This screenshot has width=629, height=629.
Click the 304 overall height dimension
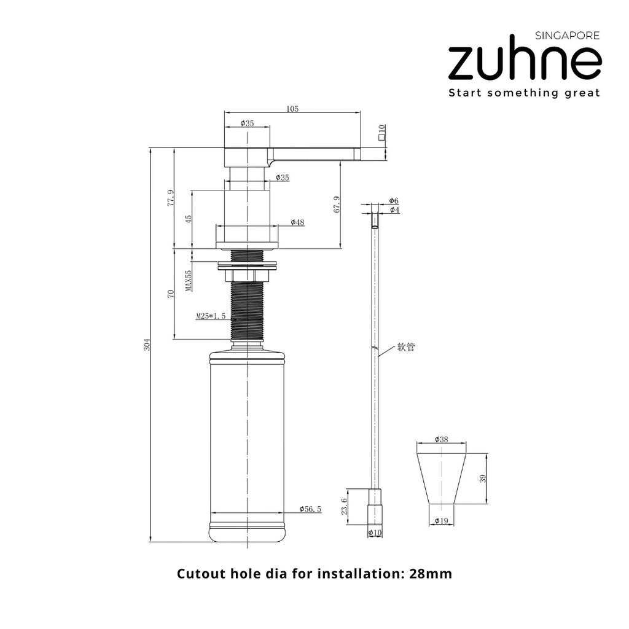147,345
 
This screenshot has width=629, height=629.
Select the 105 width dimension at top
292,109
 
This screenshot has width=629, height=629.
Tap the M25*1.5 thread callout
211,316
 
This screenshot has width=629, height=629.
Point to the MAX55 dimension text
188,281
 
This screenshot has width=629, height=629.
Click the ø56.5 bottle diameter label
310,509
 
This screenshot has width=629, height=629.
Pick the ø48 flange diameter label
297,222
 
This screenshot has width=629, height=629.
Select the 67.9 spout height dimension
337,204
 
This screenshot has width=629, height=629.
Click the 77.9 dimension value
171,198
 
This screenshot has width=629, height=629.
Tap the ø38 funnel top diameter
441,439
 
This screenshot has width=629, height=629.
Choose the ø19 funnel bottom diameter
441,521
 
